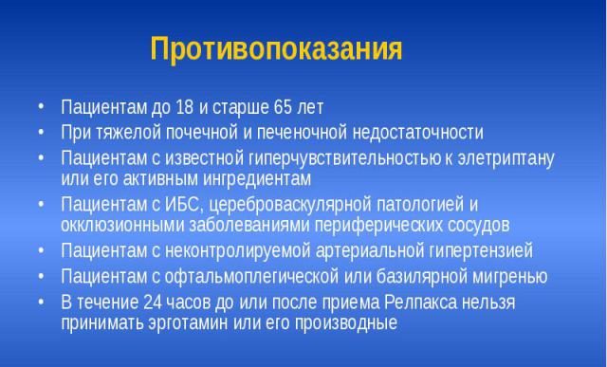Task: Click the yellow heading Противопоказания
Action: [x=276, y=49]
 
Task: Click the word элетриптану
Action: [x=509, y=156]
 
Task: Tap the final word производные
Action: [x=347, y=322]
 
